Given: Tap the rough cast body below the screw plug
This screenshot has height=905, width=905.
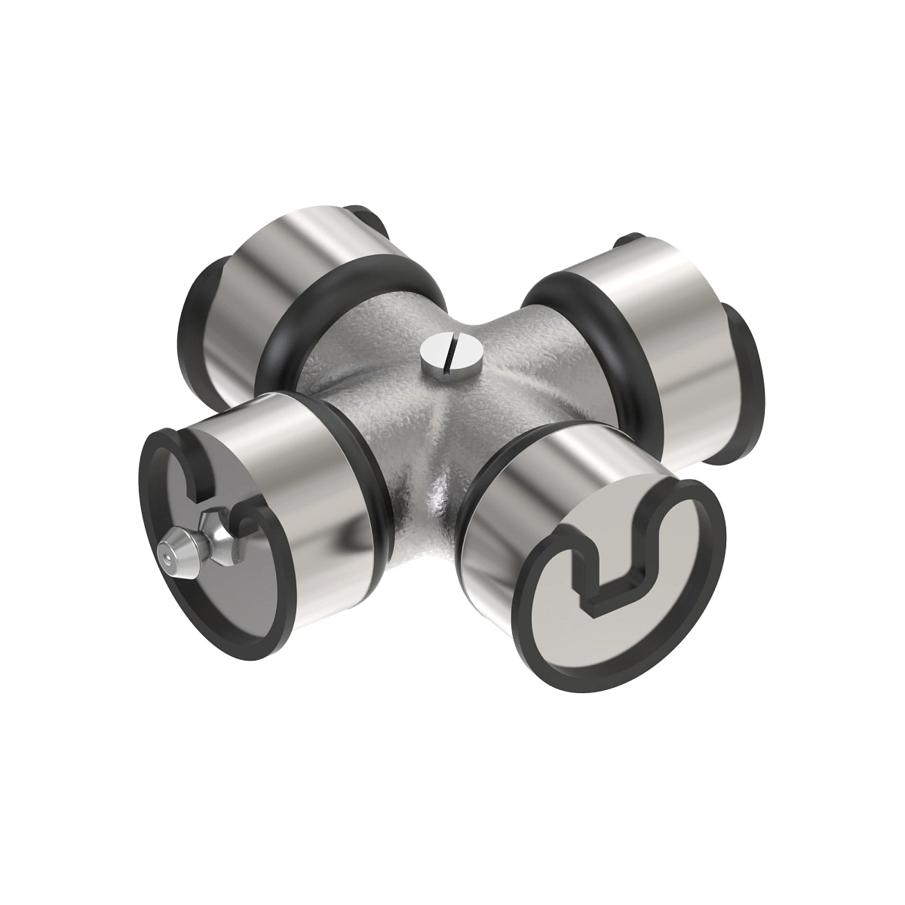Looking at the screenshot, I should point(437,452).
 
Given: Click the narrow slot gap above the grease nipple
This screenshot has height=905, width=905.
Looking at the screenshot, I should point(198,483).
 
